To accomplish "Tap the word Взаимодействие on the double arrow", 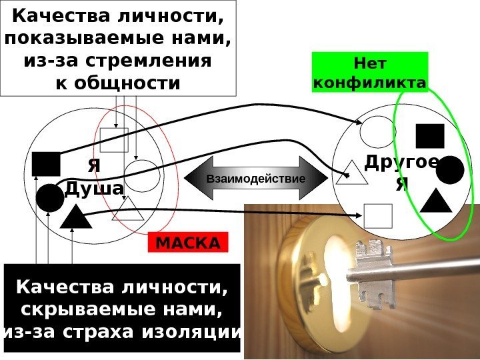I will [x=255, y=179].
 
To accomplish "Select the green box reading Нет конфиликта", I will [x=369, y=73].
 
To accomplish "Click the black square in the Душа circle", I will [x=45, y=164].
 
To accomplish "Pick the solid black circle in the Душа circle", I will [x=49, y=197].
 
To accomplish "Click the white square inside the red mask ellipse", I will [x=114, y=140].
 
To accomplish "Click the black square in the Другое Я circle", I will [x=429, y=135].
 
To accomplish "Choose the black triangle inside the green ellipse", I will [x=437, y=201].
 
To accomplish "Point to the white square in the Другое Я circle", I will [x=378, y=215].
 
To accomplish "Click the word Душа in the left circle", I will [x=94, y=189].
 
